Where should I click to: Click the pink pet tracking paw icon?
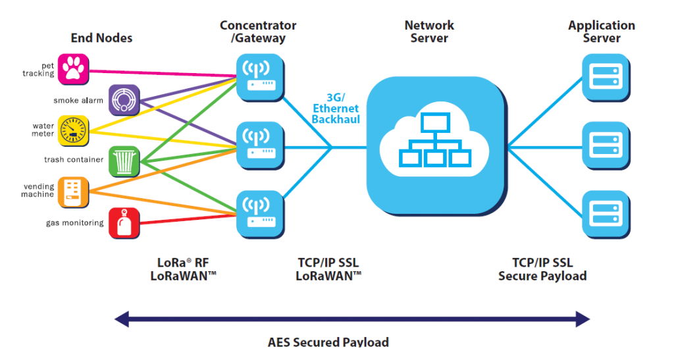point(74,69)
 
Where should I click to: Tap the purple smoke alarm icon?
point(124,100)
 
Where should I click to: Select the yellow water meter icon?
point(74,130)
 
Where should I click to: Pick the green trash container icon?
point(124,161)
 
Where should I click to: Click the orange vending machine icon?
point(74,192)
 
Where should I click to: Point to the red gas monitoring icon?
point(124,223)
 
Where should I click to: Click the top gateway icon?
point(260,77)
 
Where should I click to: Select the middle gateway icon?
point(260,145)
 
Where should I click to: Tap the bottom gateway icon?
point(260,215)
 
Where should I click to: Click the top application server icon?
point(606,77)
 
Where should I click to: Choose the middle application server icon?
point(606,145)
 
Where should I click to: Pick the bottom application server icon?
point(606,215)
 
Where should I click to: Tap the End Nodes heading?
point(101,38)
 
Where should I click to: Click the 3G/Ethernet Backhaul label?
point(336,109)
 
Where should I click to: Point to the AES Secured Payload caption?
point(328,342)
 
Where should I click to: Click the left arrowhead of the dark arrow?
point(122,319)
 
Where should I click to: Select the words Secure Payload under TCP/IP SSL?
point(542,276)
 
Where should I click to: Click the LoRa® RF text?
point(183,263)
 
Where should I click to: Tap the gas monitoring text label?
point(75,223)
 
